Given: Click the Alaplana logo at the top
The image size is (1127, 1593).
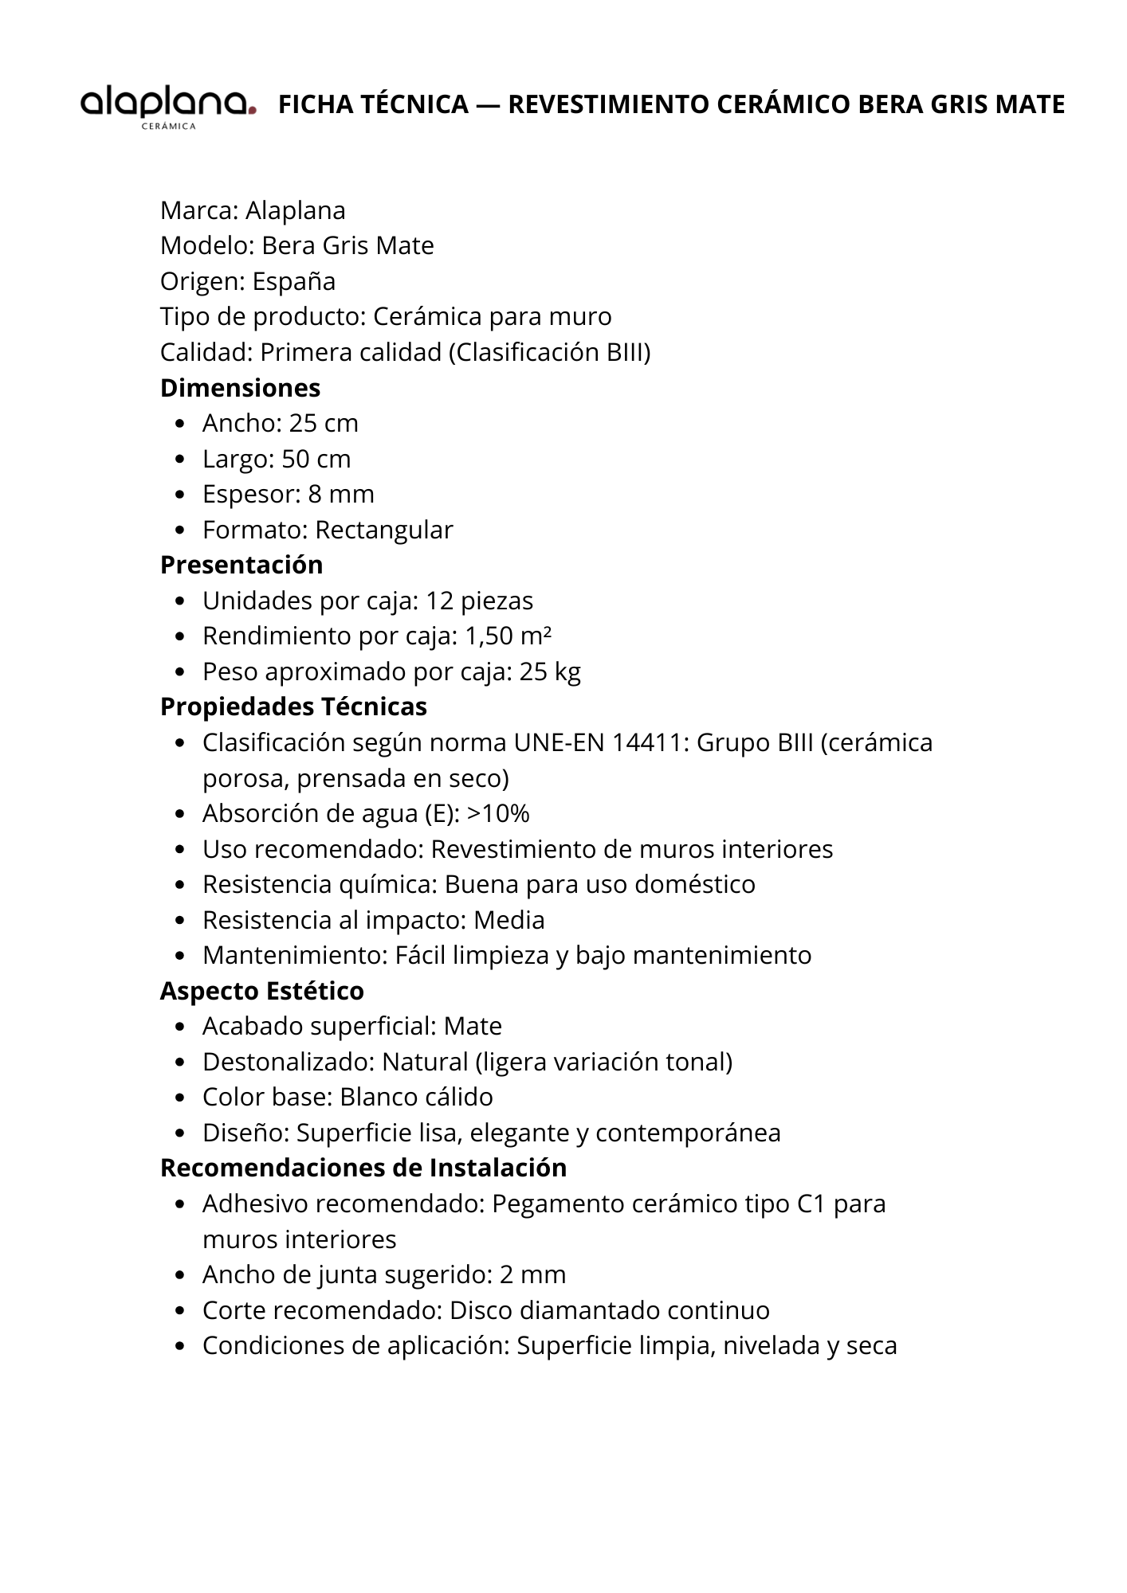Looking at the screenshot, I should pos(167,106).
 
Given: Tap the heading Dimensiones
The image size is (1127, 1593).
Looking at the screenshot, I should pos(240,388).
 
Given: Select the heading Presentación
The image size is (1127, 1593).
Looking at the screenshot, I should pos(241,565).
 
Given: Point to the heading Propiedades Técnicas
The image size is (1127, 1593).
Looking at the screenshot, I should pos(293,706).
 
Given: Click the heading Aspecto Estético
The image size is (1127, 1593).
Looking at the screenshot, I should pos(261,991).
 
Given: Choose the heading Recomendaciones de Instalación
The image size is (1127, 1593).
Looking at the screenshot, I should pos(363,1168).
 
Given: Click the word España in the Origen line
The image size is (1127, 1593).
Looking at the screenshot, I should pos(294,281).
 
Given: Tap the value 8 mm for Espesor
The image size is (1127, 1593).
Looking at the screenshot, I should pos(341,494).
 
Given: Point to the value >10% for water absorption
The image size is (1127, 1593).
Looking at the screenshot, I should pos(498,813).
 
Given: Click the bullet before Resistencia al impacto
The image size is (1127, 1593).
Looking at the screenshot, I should pos(182,921).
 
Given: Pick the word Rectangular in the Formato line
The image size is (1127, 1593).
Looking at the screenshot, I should pos(384,530).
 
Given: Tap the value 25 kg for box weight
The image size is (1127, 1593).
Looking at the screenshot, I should pos(550,671).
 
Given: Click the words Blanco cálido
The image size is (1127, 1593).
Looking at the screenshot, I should pos(416,1097).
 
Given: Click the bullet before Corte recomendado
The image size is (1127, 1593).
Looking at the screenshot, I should pos(182,1311).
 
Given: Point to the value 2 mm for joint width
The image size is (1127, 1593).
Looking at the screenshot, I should pos(532,1274).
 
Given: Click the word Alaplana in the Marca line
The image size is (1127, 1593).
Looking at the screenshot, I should pos(296,210).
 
